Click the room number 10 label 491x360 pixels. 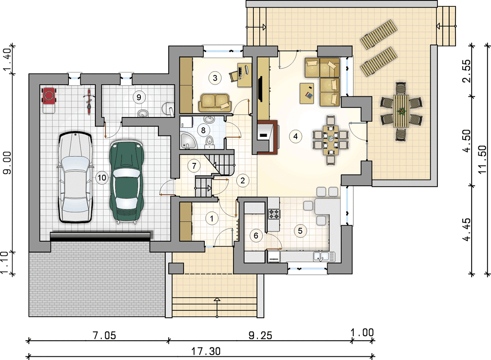[102, 178]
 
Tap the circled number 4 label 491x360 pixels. [295, 136]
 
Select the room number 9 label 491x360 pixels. [139, 97]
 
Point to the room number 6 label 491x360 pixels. [256, 235]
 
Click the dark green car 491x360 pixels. [127, 182]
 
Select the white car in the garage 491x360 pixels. [76, 177]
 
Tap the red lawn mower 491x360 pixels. [49, 99]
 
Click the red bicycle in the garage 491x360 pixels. [89, 101]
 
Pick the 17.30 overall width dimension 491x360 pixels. [206, 351]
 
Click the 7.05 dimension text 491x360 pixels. [104, 336]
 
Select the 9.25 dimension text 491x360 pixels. [261, 336]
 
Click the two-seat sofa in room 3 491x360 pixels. [215, 102]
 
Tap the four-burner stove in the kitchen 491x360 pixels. [274, 214]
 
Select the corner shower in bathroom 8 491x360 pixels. [188, 141]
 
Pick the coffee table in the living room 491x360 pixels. [307, 93]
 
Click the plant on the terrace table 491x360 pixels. [401, 111]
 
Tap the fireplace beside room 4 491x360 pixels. [267, 137]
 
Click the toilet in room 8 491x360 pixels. [209, 141]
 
